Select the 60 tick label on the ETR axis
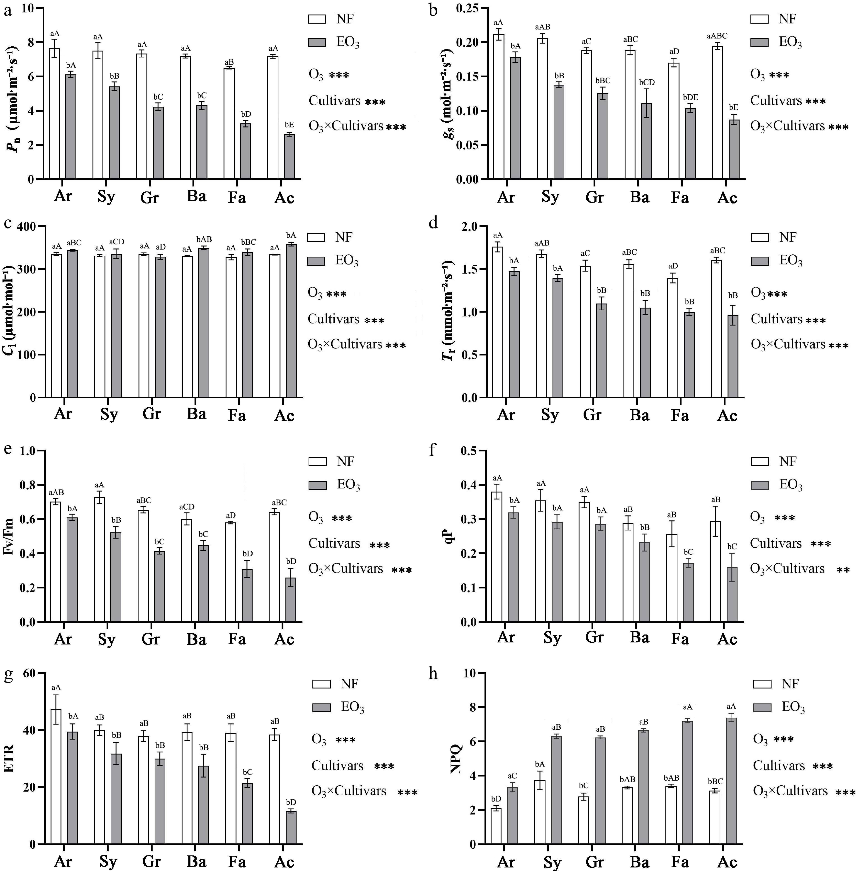point(30,673)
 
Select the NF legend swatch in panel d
point(760,237)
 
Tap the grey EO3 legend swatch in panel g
point(321,708)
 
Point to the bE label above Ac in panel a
point(289,125)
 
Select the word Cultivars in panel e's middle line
point(334,544)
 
